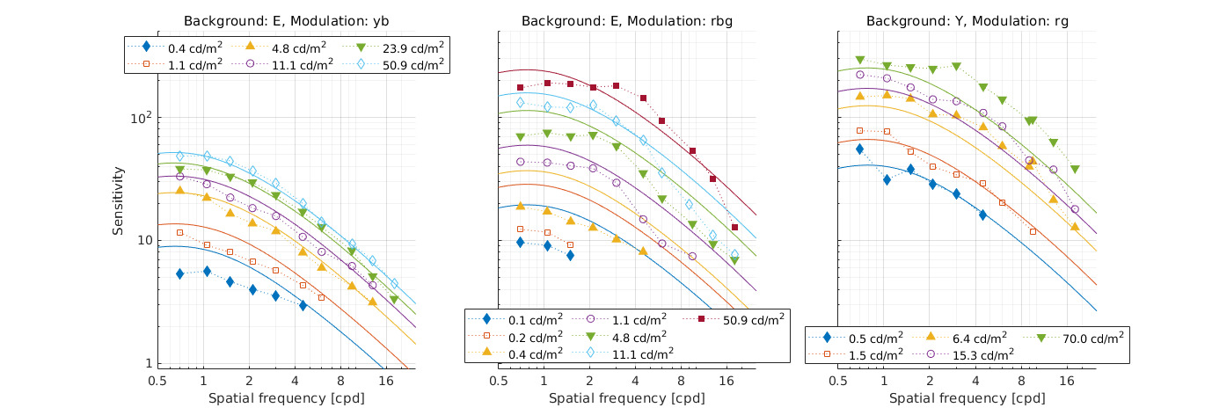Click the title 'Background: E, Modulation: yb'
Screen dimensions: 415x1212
tap(288, 21)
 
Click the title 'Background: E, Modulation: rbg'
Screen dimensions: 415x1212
tap(628, 21)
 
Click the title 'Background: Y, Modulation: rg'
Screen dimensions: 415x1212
tap(967, 21)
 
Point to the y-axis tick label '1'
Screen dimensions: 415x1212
tap(147, 363)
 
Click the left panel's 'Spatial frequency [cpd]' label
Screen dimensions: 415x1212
tap(288, 398)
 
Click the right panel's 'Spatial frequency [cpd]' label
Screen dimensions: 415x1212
tap(967, 398)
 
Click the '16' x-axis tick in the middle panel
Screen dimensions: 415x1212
tap(727, 381)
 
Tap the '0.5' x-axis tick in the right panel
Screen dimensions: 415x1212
tap(838, 381)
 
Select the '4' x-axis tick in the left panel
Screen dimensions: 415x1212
tap(296, 381)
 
